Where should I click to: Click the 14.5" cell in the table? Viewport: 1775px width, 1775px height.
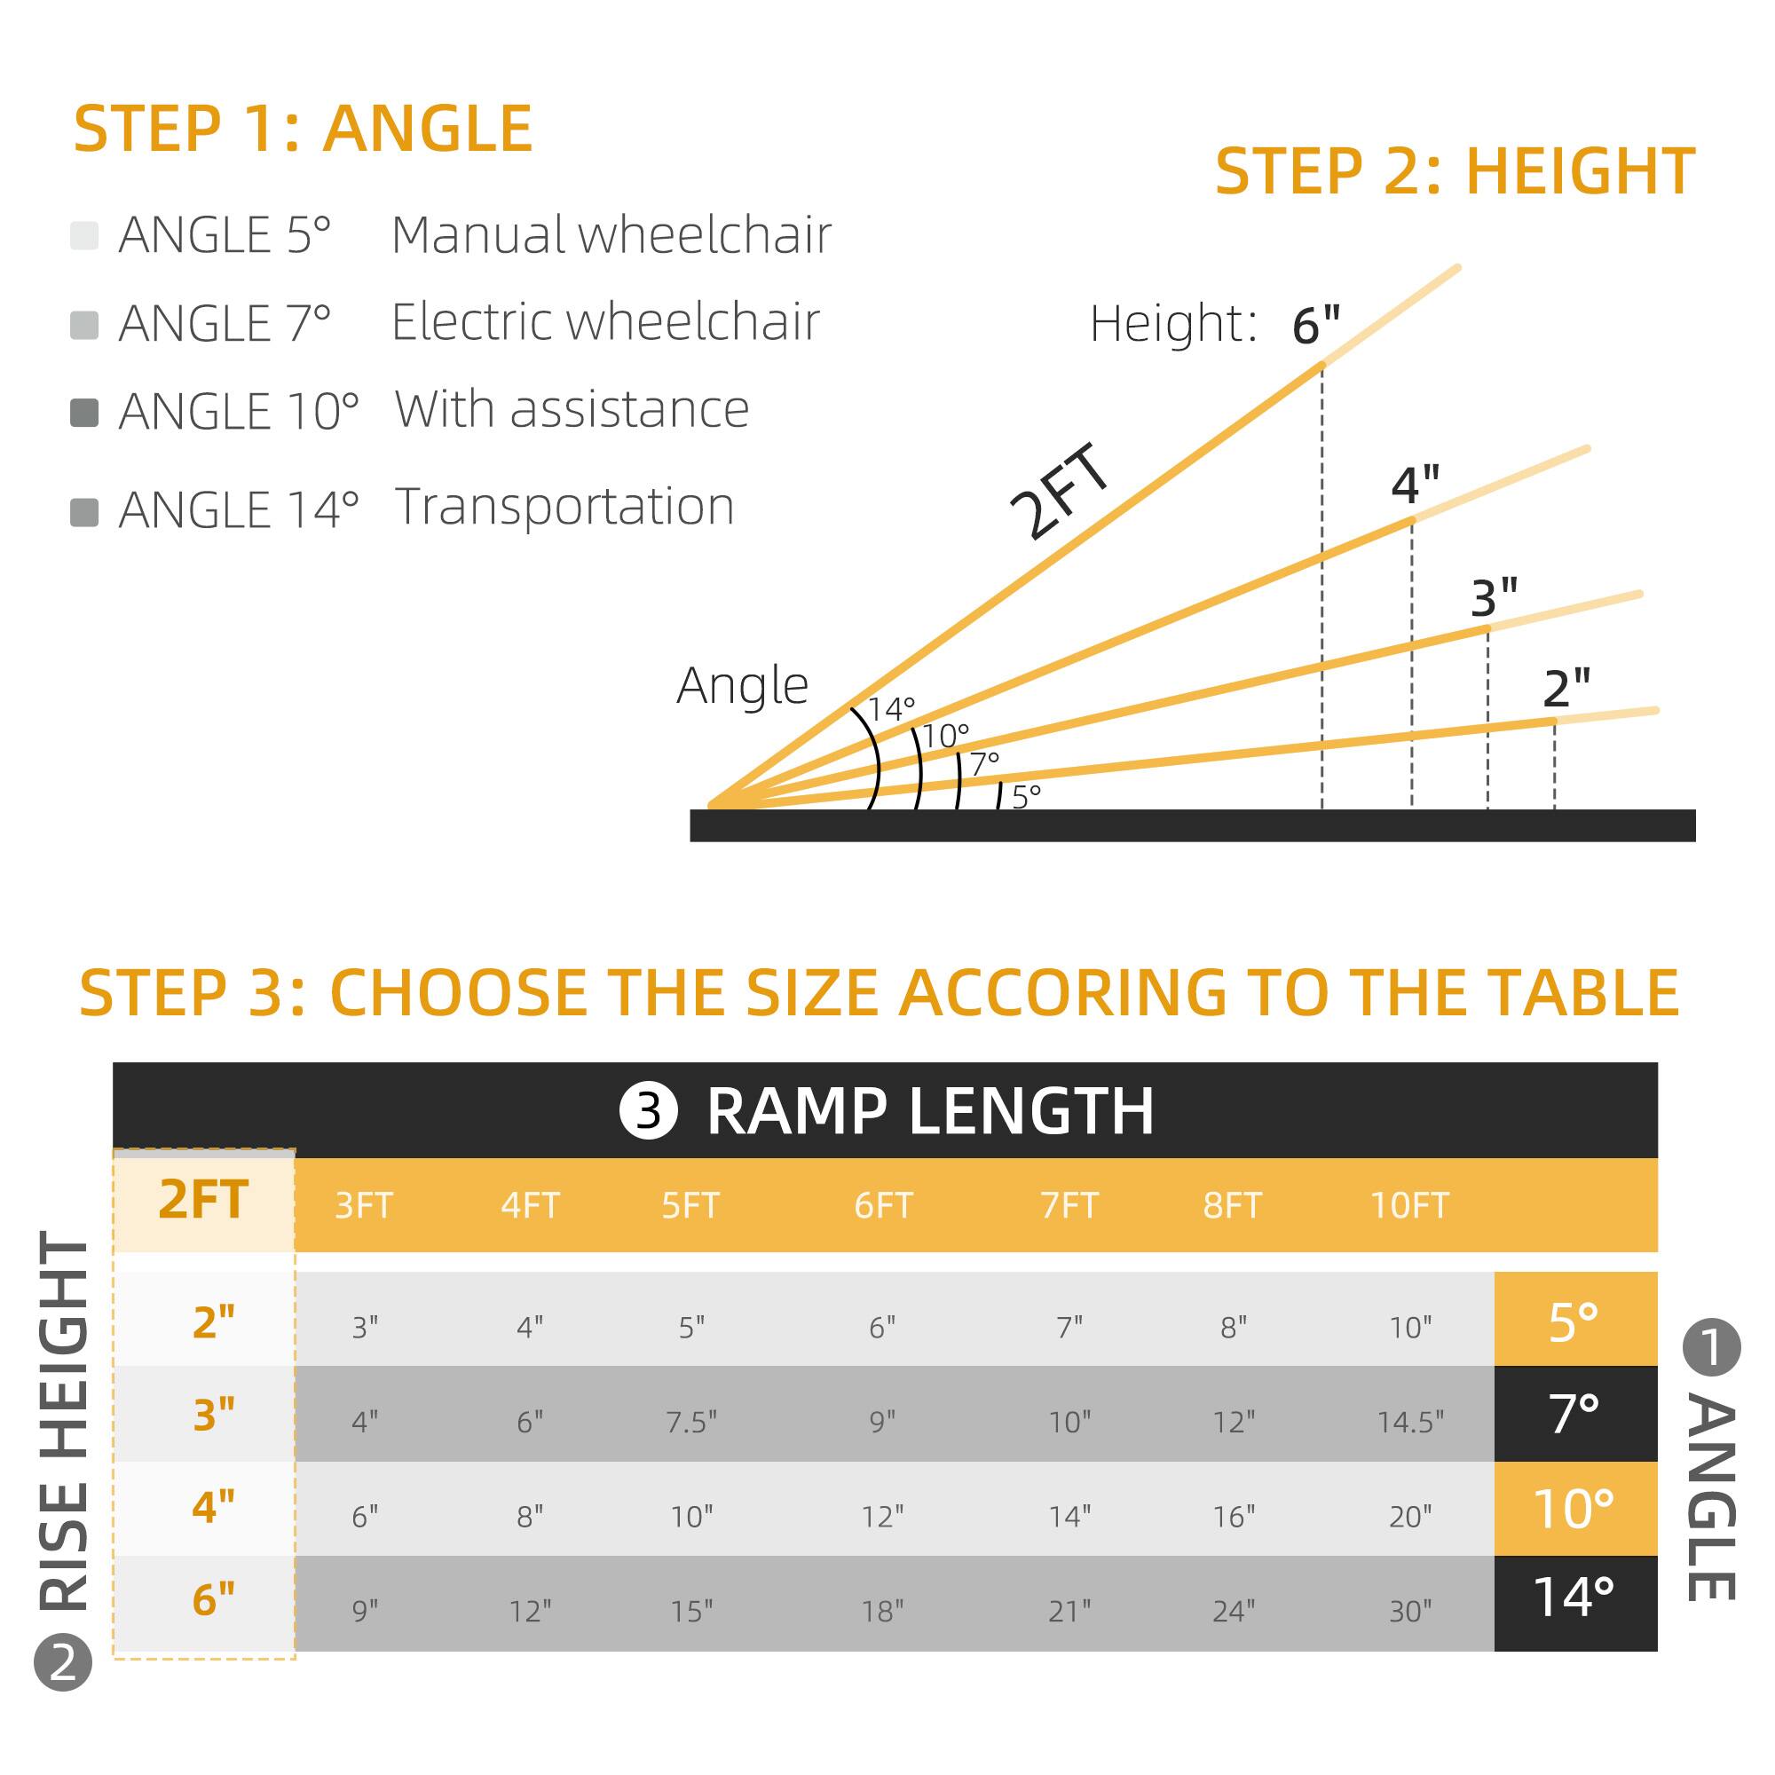click(1409, 1422)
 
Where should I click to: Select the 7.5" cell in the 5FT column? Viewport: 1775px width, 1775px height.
click(690, 1422)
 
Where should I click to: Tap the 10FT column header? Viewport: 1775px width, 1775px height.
click(1409, 1205)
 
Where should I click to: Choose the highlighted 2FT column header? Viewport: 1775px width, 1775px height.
click(203, 1200)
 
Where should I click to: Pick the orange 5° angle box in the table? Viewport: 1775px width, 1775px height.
click(1574, 1321)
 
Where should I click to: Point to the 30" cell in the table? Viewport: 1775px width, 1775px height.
click(1409, 1611)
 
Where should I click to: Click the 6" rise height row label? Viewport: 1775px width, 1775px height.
click(213, 1600)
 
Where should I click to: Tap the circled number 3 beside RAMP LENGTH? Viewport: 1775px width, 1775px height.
click(649, 1112)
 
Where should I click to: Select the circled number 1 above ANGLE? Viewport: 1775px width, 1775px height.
click(1711, 1348)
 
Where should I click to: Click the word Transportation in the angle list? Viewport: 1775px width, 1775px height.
click(564, 507)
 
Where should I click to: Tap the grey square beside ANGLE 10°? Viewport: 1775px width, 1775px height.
click(84, 413)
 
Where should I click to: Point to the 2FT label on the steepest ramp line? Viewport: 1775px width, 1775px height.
click(1060, 493)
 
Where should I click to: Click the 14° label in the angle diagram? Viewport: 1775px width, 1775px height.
click(891, 709)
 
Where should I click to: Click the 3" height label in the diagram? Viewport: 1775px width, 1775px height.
click(1494, 599)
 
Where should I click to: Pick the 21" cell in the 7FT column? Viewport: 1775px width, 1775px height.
click(1069, 1611)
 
